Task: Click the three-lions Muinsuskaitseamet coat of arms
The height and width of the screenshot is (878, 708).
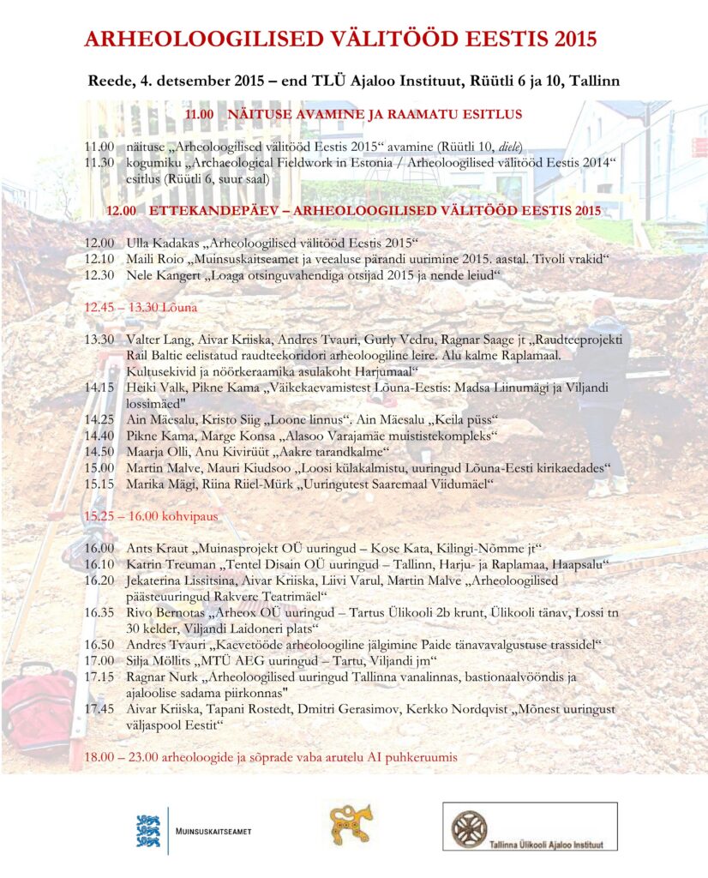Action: (148, 831)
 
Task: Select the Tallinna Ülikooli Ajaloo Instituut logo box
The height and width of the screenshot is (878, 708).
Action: (529, 827)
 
